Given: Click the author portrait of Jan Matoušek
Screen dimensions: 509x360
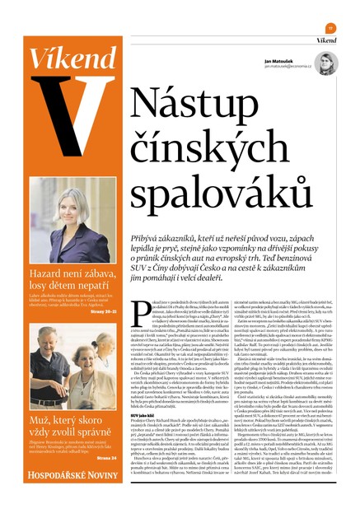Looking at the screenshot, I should click(327, 63).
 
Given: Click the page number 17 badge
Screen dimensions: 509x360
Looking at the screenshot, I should click(330, 26).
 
